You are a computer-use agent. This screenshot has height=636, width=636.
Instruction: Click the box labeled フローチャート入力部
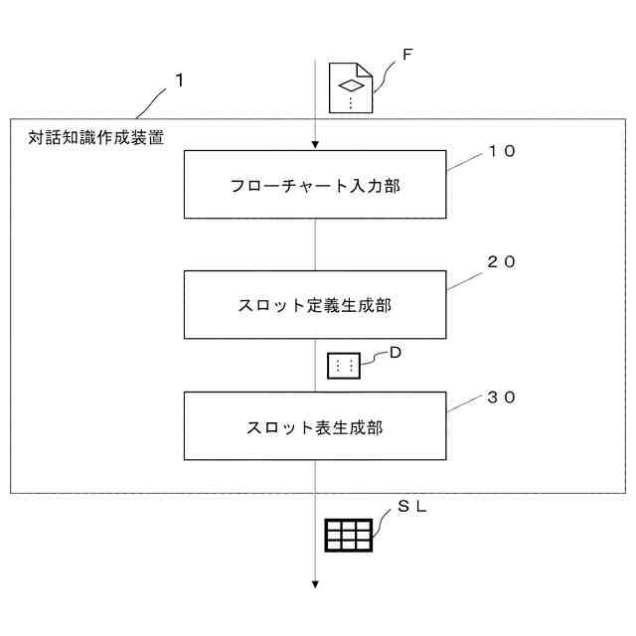point(315,184)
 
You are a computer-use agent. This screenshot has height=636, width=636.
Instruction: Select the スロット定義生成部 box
point(315,305)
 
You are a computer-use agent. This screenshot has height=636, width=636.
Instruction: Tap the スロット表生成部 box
point(315,426)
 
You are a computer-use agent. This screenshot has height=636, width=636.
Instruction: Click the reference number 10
point(502,152)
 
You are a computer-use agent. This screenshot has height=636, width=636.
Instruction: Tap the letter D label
point(395,351)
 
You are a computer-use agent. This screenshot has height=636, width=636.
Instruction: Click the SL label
point(412,506)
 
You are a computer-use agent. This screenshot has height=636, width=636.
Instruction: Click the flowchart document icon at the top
point(350,86)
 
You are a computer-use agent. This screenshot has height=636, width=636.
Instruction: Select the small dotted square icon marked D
point(345,366)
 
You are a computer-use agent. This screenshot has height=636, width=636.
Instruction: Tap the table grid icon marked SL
point(349,535)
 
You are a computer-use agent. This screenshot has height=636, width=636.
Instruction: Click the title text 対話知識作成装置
point(96,137)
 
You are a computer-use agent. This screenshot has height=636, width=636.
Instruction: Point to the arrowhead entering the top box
point(315,145)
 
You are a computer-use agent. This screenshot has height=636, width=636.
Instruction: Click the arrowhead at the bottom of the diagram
point(315,584)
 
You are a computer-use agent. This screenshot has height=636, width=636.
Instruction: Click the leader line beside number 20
point(464,279)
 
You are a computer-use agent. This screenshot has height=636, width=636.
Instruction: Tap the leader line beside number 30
point(464,404)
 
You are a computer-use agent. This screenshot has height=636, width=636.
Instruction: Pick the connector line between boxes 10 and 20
point(315,244)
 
